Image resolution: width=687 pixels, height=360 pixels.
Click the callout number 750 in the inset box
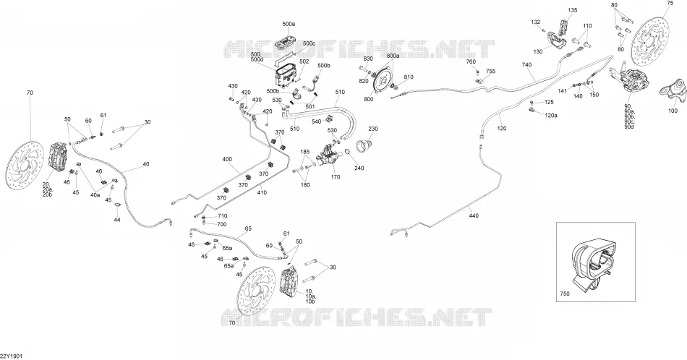(565, 294)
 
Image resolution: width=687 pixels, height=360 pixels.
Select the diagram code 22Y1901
(11, 356)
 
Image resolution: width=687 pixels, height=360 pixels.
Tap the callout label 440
(474, 216)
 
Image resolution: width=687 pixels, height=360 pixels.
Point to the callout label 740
(526, 65)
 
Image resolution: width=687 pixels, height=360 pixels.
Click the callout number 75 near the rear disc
(670, 3)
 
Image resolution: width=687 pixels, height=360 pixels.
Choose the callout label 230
(373, 129)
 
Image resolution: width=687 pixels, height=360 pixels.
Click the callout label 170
(335, 177)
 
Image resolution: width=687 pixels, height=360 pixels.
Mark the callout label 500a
(289, 25)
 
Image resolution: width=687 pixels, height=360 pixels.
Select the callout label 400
(227, 160)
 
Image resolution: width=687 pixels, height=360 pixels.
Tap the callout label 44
(117, 220)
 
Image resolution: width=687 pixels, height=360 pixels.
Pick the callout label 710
(222, 216)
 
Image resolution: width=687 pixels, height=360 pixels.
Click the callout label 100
(673, 111)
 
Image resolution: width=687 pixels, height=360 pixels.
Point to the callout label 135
(573, 10)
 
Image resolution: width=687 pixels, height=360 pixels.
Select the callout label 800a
(393, 56)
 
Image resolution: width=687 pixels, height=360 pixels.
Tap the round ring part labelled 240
(347, 153)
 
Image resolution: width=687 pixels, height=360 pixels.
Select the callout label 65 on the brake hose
(249, 228)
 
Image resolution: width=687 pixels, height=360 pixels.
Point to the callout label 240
(359, 168)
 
